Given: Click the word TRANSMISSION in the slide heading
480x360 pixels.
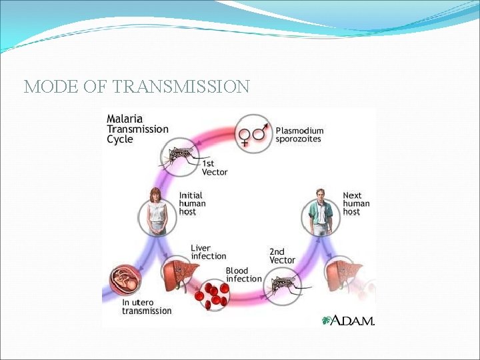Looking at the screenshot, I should point(181,87).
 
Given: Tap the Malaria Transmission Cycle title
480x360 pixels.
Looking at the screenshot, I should point(137,129).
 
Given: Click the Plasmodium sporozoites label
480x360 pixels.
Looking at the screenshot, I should point(299,135).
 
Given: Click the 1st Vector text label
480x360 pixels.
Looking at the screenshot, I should point(214,167).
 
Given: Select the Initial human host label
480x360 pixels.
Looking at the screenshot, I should point(192,203).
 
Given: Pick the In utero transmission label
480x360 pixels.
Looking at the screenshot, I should point(147,307).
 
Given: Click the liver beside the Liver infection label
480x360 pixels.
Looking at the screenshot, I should point(179,273).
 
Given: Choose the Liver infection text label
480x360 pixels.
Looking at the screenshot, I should point(208,252).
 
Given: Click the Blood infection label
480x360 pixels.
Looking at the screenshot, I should point(243,275).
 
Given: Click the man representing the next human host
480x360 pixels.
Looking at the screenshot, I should point(321,212).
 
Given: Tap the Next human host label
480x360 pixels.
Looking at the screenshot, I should point(356,203).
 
